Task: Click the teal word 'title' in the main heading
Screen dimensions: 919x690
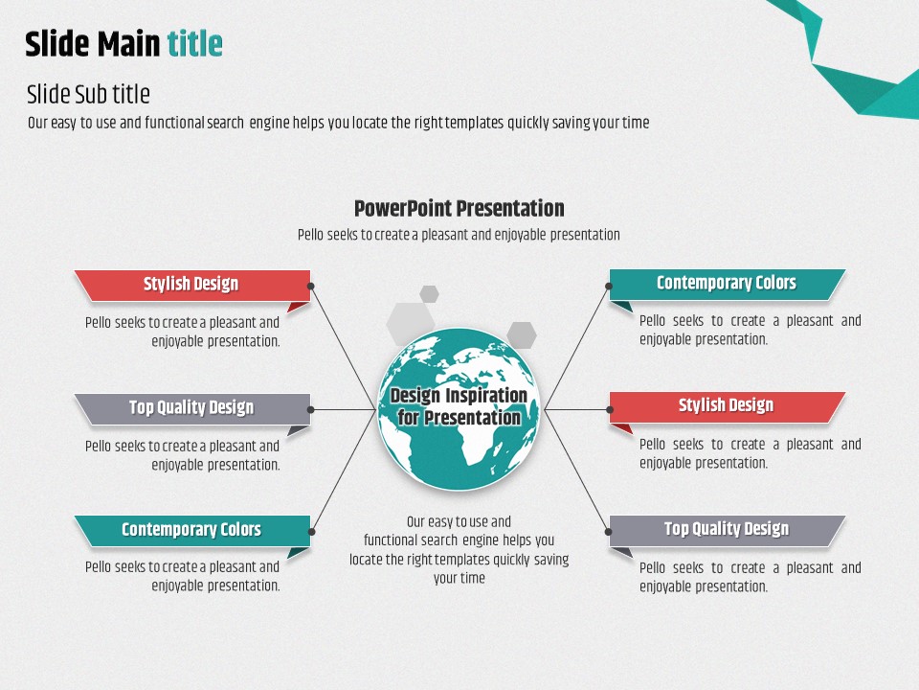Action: click(x=194, y=43)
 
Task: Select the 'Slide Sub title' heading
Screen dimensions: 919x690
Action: click(x=88, y=94)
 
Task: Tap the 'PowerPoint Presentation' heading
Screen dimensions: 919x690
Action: click(x=459, y=208)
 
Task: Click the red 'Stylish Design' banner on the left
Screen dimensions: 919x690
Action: click(x=192, y=286)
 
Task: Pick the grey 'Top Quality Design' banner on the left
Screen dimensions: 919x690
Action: click(x=192, y=409)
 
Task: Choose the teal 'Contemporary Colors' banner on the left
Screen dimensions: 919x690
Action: click(x=192, y=531)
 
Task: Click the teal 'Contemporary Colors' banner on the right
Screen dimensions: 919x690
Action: click(x=728, y=285)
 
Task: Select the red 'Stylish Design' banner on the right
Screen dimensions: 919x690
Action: click(x=728, y=407)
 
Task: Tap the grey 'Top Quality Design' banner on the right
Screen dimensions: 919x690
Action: click(x=728, y=531)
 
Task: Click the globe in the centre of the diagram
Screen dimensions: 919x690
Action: click(x=459, y=409)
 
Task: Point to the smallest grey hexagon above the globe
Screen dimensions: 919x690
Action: click(x=429, y=294)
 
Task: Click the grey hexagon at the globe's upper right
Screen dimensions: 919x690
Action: click(x=522, y=335)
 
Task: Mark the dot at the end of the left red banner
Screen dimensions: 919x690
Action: click(x=310, y=287)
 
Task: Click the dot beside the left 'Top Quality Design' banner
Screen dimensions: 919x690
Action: click(x=310, y=409)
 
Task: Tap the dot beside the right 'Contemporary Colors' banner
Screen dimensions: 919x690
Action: click(x=609, y=287)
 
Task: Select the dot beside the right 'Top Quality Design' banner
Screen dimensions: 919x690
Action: click(x=609, y=532)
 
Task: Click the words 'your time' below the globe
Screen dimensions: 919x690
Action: click(x=459, y=578)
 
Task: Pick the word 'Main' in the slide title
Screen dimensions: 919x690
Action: click(x=128, y=43)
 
